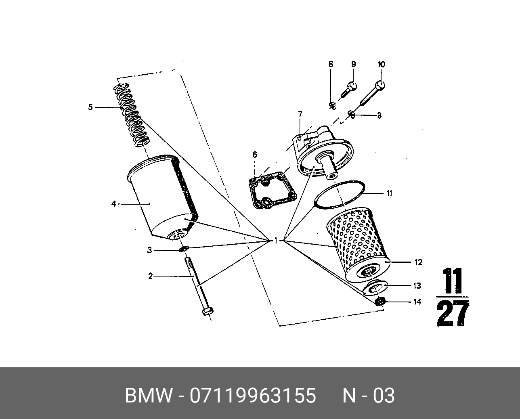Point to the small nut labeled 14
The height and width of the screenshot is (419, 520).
click(379, 302)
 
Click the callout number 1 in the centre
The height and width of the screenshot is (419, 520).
click(276, 241)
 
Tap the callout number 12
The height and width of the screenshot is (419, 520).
click(418, 262)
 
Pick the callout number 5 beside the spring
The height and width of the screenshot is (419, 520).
click(90, 107)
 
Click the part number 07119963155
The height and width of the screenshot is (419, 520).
click(253, 396)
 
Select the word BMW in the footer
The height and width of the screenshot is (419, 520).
click(149, 396)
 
